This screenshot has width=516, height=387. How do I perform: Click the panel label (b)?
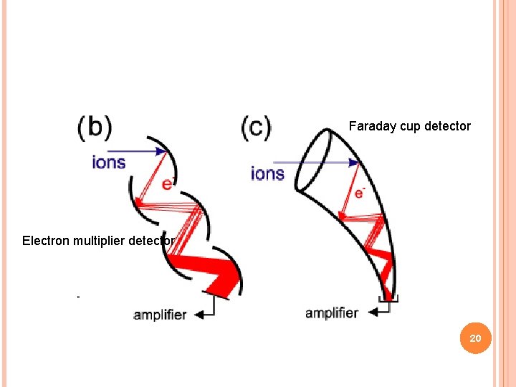[x=95, y=128]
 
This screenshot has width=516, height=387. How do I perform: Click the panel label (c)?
[x=257, y=128]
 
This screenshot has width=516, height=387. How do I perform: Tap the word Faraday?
[x=368, y=126]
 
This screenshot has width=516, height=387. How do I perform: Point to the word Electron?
[x=44, y=241]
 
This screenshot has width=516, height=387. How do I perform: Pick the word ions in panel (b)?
[x=109, y=162]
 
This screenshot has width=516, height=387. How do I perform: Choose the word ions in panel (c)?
[x=267, y=173]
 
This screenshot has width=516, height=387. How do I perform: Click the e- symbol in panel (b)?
[x=168, y=183]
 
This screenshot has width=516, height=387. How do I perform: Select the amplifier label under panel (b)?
[x=160, y=315]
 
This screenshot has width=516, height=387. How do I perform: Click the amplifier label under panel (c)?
[x=331, y=312]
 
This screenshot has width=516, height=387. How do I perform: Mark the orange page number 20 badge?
[x=476, y=338]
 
